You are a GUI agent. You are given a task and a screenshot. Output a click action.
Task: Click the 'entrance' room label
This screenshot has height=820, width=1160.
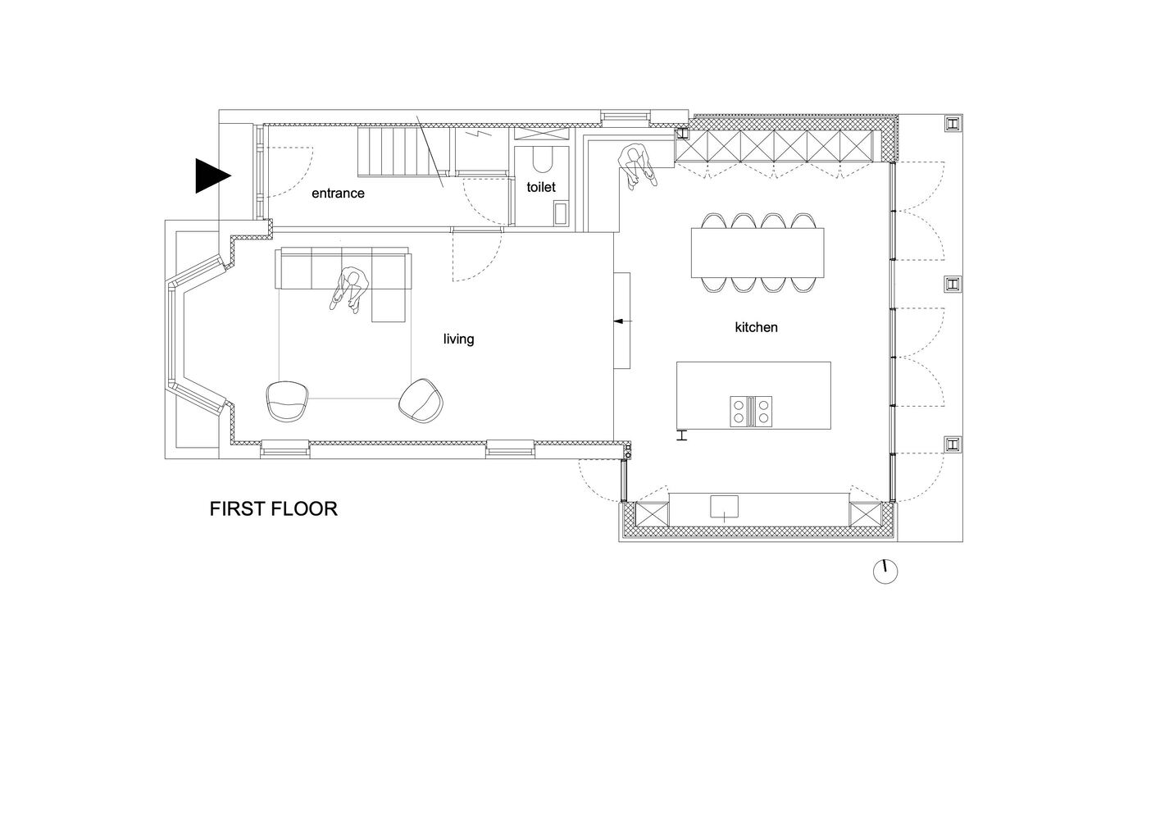338,194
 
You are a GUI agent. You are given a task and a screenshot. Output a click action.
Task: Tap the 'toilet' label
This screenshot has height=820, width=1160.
541,187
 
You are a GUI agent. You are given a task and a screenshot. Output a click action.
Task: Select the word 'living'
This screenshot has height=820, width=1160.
458,339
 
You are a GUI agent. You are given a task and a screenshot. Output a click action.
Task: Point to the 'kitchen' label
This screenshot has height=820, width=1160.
756,327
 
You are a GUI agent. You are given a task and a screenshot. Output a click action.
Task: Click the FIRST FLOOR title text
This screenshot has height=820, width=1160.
273,508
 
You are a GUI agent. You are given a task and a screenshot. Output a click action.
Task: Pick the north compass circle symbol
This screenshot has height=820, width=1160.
885,572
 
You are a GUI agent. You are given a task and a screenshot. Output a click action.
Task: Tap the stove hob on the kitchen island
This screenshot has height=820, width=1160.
752,410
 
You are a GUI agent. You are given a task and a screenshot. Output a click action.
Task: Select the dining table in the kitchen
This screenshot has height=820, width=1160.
758,253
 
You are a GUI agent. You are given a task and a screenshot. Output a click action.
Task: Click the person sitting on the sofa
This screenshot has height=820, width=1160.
350,289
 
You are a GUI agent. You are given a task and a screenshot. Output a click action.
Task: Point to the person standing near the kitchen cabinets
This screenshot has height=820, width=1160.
636,166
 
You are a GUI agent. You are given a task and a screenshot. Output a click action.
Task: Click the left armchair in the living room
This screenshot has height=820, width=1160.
288,401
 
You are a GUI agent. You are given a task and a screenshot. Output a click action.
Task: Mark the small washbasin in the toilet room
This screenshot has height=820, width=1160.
561,214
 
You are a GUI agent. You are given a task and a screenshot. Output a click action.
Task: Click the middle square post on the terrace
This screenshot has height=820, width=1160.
952,284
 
